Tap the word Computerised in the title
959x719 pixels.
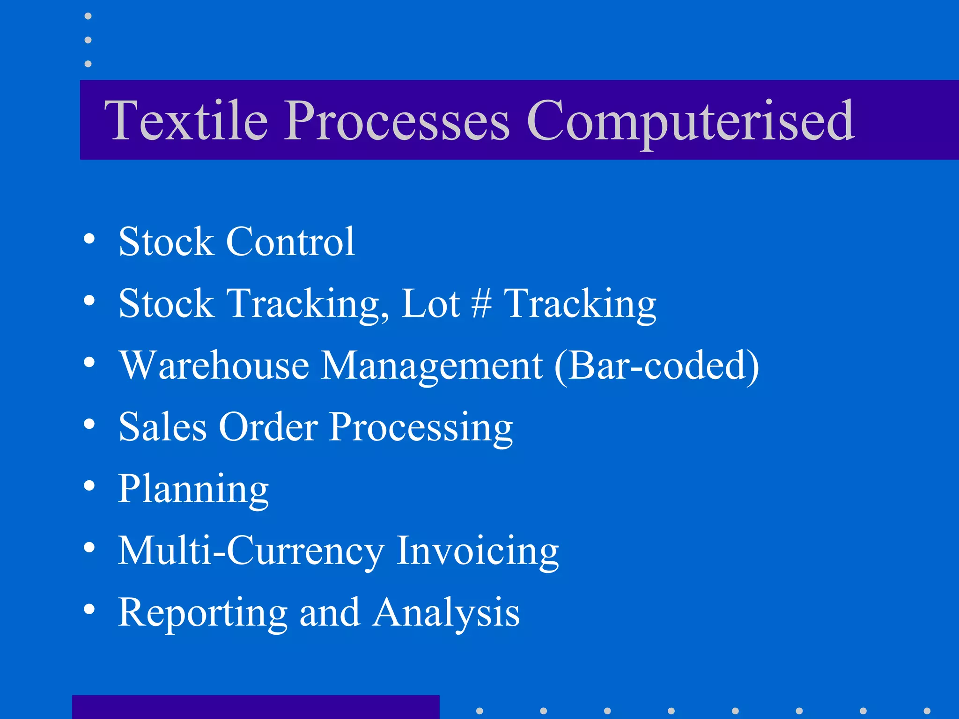[x=691, y=122]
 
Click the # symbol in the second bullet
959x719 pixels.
[x=481, y=303]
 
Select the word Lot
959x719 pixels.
[x=430, y=303]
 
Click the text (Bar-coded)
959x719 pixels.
[x=656, y=366]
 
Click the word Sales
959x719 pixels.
[x=162, y=427]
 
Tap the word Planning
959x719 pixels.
[x=193, y=490]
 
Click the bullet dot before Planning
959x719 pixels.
[x=89, y=486]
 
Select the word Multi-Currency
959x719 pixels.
[x=251, y=551]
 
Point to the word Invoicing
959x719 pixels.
[x=478, y=551]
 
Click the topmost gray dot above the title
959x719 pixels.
[x=88, y=16]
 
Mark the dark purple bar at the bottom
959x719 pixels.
[x=256, y=707]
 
